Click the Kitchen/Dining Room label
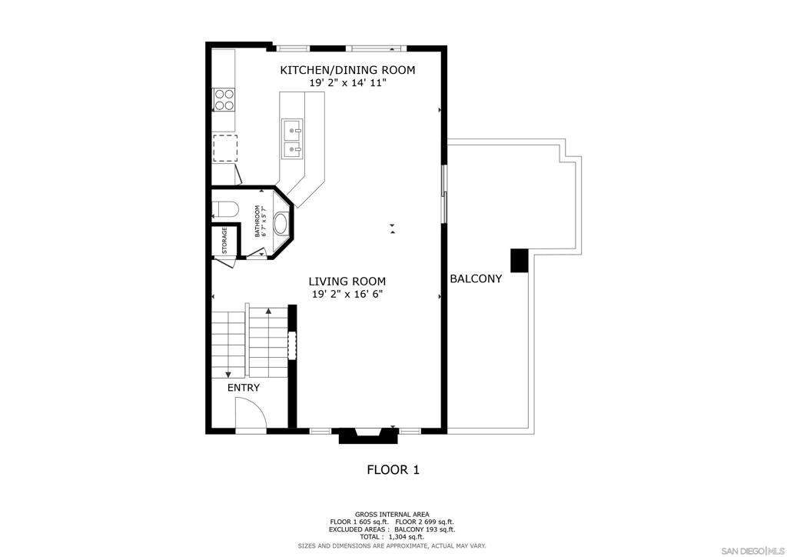[x=347, y=70]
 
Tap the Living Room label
[x=347, y=282]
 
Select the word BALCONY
[x=476, y=278]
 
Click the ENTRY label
[x=244, y=388]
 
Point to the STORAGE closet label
[x=224, y=241]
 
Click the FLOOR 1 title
[x=393, y=469]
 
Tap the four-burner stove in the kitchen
[x=224, y=99]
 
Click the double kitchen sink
[x=292, y=138]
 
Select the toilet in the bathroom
[x=224, y=209]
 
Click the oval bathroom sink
[x=281, y=224]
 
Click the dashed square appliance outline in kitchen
[x=225, y=148]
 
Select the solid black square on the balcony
[x=520, y=260]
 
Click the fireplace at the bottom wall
[x=368, y=435]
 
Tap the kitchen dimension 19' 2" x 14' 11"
[x=347, y=83]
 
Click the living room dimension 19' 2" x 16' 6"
[x=347, y=295]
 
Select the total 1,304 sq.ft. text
[x=391, y=537]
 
